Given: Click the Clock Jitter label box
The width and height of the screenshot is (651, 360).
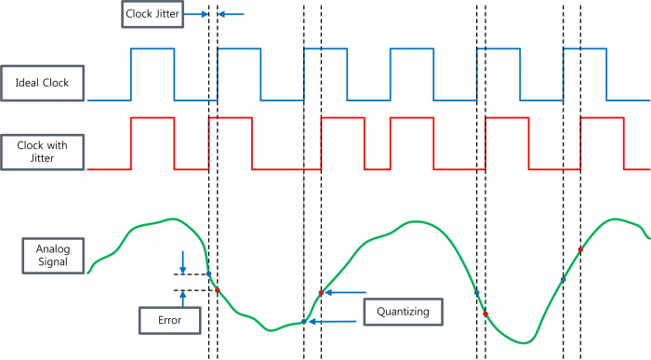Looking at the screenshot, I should click(x=152, y=14).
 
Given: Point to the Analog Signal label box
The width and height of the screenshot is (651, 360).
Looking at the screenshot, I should click(x=46, y=257).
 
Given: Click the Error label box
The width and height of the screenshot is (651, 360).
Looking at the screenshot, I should click(x=168, y=321).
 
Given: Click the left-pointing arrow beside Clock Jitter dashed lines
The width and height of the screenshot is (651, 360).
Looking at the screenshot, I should click(x=232, y=14).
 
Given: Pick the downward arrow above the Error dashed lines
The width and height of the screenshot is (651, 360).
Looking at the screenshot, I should click(x=182, y=260).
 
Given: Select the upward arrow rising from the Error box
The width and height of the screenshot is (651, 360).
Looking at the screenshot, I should click(x=183, y=300).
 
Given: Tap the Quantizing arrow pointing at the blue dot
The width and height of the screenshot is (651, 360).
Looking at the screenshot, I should click(x=335, y=321).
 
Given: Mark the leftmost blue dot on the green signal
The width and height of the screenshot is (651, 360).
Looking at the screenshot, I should click(x=208, y=274).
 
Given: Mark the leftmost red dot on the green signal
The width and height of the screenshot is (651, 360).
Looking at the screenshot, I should click(x=218, y=290).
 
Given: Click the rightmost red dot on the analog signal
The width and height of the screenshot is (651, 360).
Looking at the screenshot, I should click(x=580, y=249).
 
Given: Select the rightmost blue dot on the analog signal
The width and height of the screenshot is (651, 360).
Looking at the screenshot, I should click(x=564, y=279).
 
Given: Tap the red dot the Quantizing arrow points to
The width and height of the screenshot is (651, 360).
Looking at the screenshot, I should click(x=321, y=292).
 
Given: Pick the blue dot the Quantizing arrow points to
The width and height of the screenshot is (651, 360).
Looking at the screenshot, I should click(x=303, y=322).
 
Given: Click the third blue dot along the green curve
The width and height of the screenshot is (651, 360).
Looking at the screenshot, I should click(x=476, y=293).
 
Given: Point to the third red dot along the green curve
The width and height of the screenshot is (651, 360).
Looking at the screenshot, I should click(x=485, y=313).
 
